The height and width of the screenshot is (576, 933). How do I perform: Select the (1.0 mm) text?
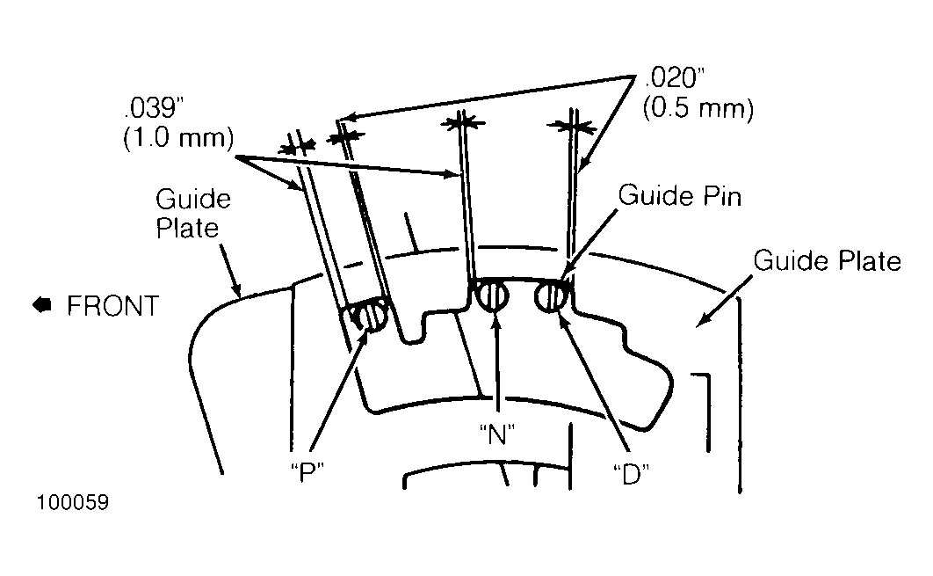tap(178, 138)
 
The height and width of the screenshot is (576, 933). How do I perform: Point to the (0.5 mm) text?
tap(698, 108)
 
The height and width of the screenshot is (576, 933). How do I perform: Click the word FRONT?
tap(113, 305)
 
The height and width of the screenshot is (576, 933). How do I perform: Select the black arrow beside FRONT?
tap(41, 304)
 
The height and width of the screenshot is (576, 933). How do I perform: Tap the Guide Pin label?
tap(680, 195)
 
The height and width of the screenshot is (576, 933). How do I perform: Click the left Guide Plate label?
tap(192, 213)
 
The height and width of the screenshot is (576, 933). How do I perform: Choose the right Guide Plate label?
tap(827, 260)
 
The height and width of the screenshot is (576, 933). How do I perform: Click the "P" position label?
tap(307, 472)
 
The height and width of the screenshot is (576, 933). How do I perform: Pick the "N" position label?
tap(497, 434)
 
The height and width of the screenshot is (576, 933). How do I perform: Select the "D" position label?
tap(631, 473)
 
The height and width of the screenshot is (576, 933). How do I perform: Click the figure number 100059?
tap(73, 502)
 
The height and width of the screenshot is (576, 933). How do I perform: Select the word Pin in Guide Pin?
tap(722, 195)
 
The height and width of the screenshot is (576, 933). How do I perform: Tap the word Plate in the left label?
tap(187, 228)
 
